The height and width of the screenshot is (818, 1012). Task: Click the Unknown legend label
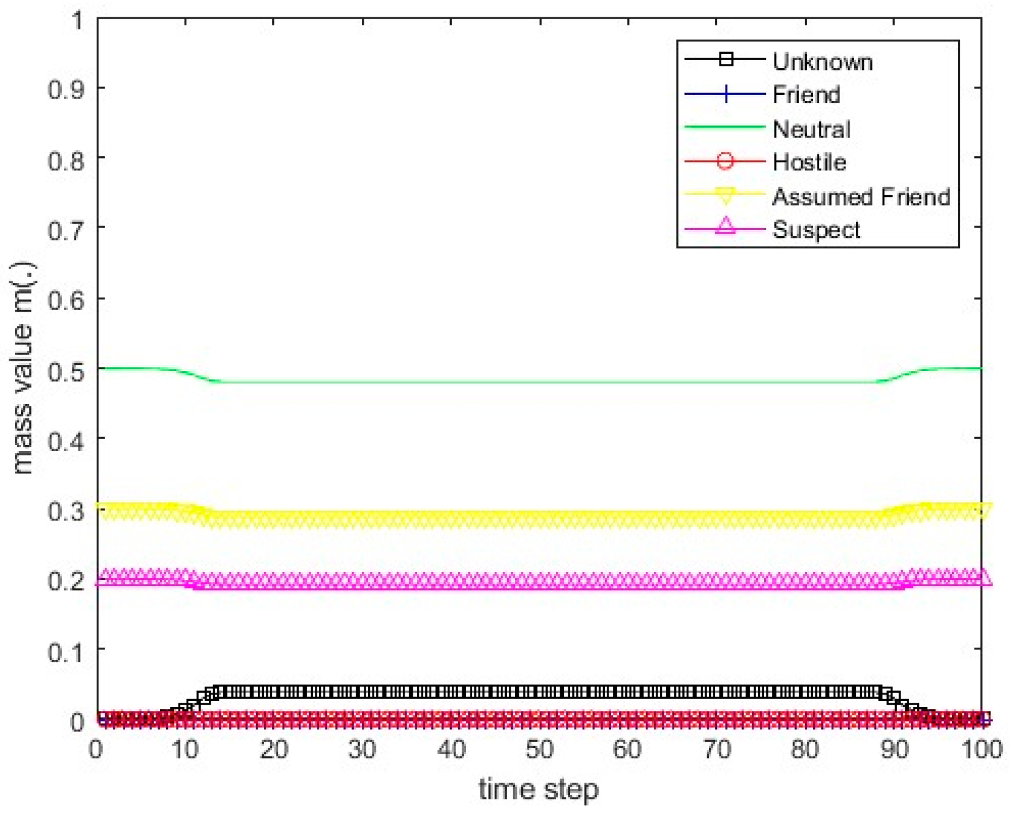coord(822,61)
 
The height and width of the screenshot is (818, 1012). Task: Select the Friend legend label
coord(806,94)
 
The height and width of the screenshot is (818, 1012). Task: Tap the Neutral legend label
coord(811,129)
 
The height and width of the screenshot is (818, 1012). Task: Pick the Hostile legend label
coord(809,162)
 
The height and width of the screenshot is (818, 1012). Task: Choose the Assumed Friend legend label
coord(861,196)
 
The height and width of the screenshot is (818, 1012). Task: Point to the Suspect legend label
coord(816,230)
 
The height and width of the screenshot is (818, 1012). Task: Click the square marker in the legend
coord(726,59)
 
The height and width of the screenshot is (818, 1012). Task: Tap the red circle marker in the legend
coord(725,161)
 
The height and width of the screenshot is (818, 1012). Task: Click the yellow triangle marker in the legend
coord(725,196)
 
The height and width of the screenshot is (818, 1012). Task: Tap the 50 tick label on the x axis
coord(539,749)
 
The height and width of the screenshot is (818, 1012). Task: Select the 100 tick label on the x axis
coord(982,749)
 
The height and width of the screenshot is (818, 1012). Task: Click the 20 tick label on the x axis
coord(274,749)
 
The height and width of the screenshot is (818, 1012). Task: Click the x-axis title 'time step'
coord(539,789)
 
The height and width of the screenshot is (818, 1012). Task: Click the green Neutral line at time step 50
coord(539,382)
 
